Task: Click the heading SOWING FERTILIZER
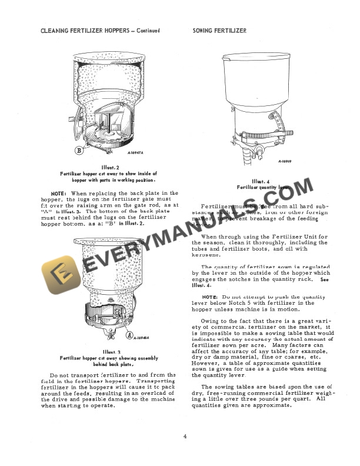click(x=219, y=31)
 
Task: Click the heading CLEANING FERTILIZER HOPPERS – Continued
click(x=100, y=31)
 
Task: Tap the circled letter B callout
click(x=78, y=150)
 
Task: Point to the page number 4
click(x=184, y=436)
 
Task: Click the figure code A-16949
click(x=288, y=160)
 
